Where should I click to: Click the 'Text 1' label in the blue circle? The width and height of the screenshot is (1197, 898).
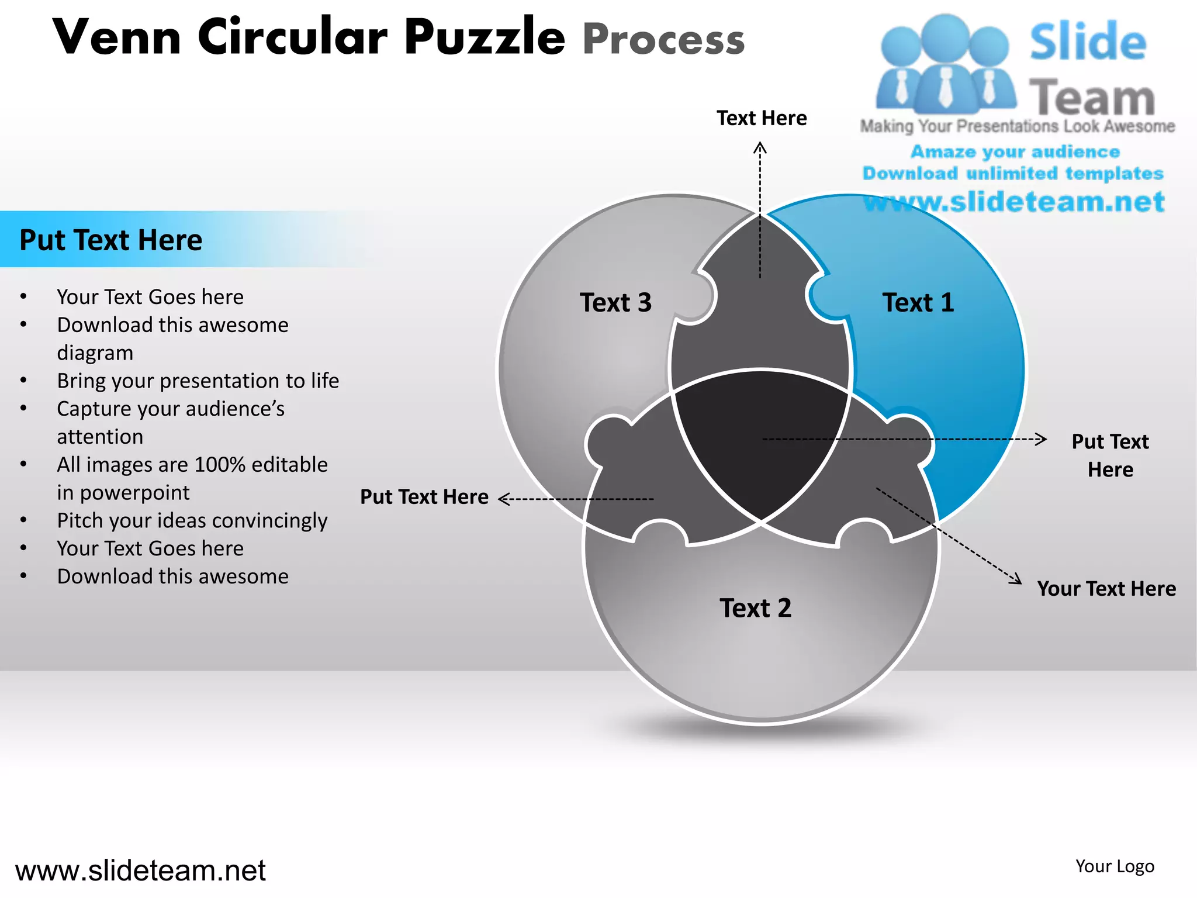(918, 303)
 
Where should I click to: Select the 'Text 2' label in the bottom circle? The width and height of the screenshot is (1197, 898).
(755, 608)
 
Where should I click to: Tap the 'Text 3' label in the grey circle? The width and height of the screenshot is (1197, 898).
(615, 303)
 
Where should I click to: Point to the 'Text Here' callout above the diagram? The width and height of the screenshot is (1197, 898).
(762, 118)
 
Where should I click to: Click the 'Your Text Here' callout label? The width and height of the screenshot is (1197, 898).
(1106, 589)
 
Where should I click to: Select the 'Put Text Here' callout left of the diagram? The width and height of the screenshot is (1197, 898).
(424, 497)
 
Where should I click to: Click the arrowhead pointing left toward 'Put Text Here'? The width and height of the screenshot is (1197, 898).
(504, 499)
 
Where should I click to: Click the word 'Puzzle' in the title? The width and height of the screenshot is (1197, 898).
(485, 37)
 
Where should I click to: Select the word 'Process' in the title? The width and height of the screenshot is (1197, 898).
(663, 40)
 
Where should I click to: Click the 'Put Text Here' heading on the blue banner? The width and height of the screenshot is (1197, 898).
(111, 240)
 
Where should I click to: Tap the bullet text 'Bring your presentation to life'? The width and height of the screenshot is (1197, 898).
(198, 381)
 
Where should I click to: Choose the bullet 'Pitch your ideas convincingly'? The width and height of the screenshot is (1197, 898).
(192, 520)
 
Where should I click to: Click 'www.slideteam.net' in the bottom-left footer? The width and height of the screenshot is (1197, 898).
(140, 871)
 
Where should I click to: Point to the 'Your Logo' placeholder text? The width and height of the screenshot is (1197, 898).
(1115, 866)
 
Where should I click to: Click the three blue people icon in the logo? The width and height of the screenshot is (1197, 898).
(945, 64)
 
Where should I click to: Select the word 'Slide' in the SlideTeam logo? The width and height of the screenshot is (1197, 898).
(1088, 42)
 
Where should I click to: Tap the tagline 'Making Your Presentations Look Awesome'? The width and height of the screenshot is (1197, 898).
(1017, 126)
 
